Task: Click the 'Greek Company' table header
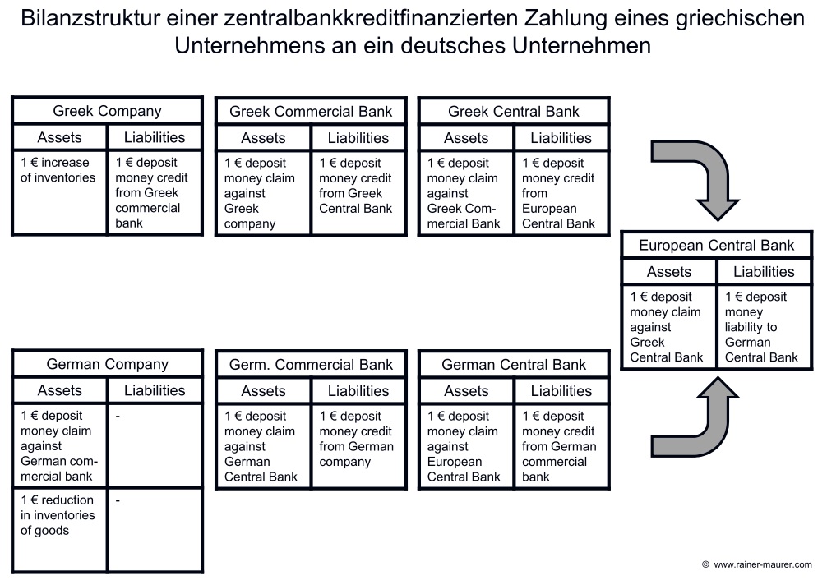coord(107,111)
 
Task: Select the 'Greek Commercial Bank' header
coord(311,112)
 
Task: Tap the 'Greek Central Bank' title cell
coord(513,112)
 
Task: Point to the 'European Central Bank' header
coord(716,245)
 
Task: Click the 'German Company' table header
coord(107,364)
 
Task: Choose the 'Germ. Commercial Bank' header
coord(311,365)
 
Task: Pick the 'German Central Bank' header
coord(513,365)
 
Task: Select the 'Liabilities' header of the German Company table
coord(155,390)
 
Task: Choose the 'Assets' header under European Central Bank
coord(668,271)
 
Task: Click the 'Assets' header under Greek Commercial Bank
coord(263,138)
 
